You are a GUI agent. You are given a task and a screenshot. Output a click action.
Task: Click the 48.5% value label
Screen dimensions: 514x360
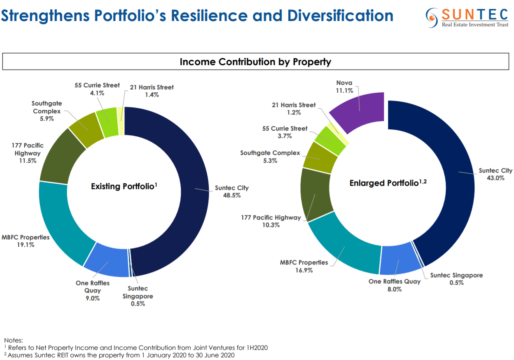(x=232, y=196)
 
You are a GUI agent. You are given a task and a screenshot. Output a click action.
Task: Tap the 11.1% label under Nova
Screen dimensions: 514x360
(x=344, y=91)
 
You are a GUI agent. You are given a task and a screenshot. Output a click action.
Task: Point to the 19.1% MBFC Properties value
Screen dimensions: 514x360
(x=26, y=245)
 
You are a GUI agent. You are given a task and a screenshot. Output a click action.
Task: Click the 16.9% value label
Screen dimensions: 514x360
(x=304, y=270)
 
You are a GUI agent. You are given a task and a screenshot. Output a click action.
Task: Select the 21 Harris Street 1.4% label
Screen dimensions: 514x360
(x=152, y=91)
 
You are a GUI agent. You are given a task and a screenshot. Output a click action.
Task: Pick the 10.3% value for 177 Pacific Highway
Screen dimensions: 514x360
(x=271, y=225)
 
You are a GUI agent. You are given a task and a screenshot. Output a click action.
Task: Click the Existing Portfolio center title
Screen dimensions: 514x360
(x=124, y=186)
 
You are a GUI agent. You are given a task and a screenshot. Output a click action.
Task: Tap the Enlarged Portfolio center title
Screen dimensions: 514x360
(x=388, y=183)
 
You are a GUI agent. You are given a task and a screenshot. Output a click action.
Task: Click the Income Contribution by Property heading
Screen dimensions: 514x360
(x=255, y=62)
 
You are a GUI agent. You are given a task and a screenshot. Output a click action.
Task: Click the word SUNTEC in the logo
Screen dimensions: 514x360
(x=475, y=14)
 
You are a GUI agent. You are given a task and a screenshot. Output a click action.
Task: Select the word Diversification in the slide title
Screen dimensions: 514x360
(x=340, y=16)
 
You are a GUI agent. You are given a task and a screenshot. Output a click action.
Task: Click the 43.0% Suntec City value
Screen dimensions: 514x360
(x=495, y=178)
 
